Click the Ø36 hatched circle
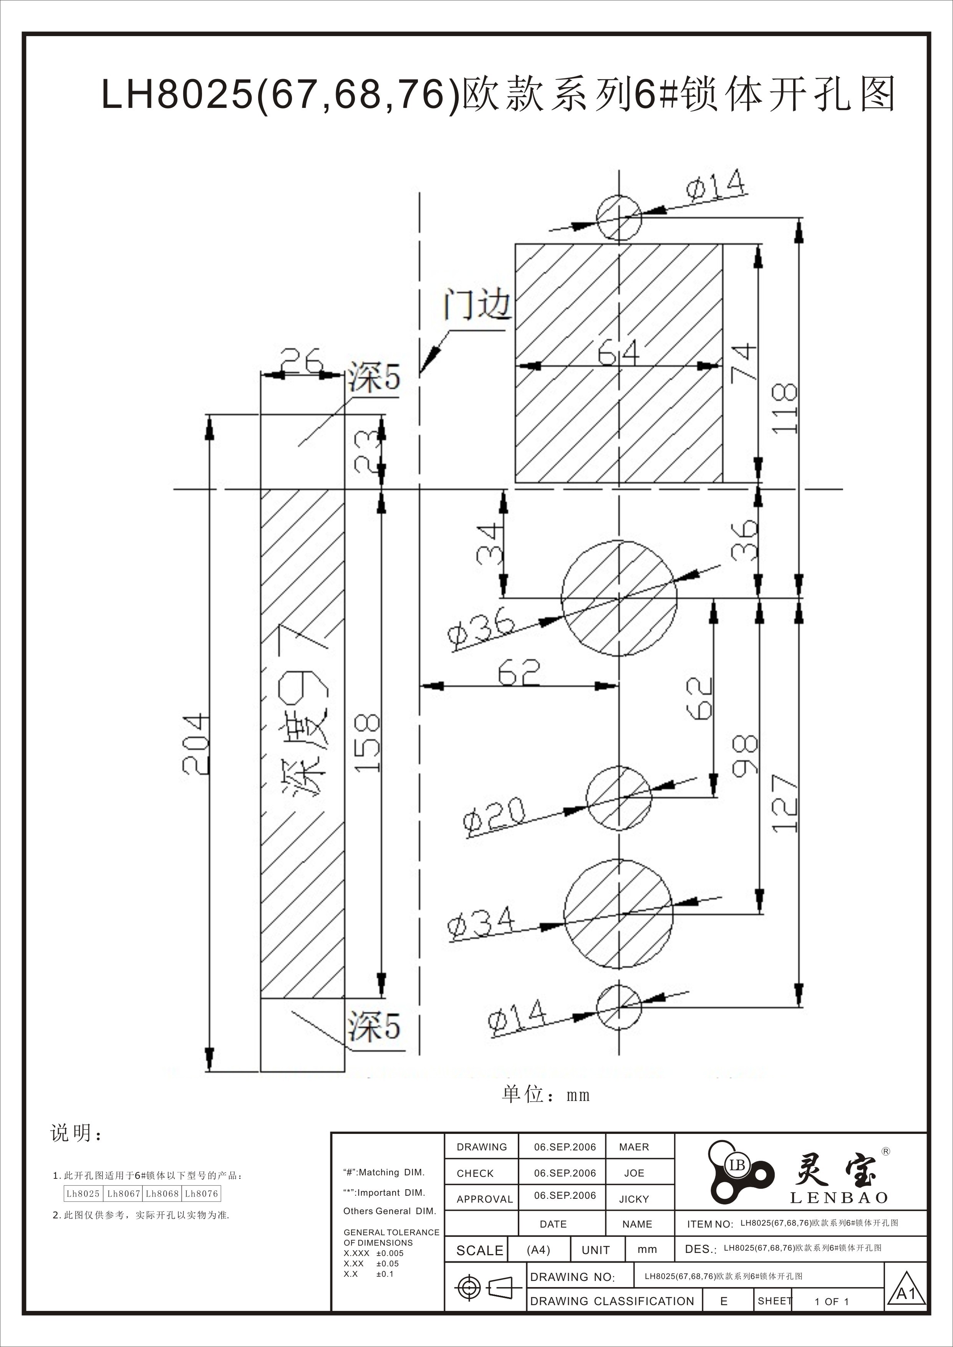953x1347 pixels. (619, 598)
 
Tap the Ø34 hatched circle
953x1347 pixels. (619, 913)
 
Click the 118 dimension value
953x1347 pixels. (785, 409)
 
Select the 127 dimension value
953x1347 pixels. (785, 803)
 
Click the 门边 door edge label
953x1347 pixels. (476, 304)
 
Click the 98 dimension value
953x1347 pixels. (745, 756)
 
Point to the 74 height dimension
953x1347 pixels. (744, 363)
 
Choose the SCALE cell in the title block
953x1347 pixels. (479, 1250)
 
